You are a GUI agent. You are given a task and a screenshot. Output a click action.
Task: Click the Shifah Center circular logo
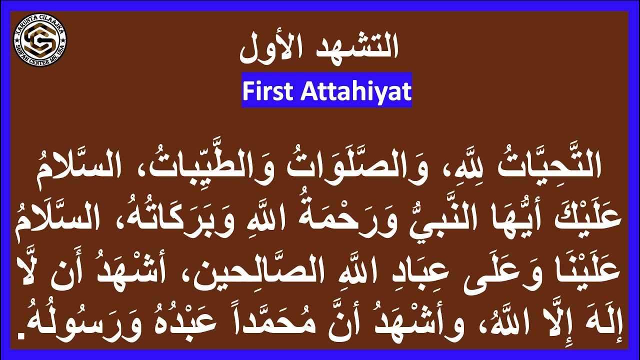tap(39, 40)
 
